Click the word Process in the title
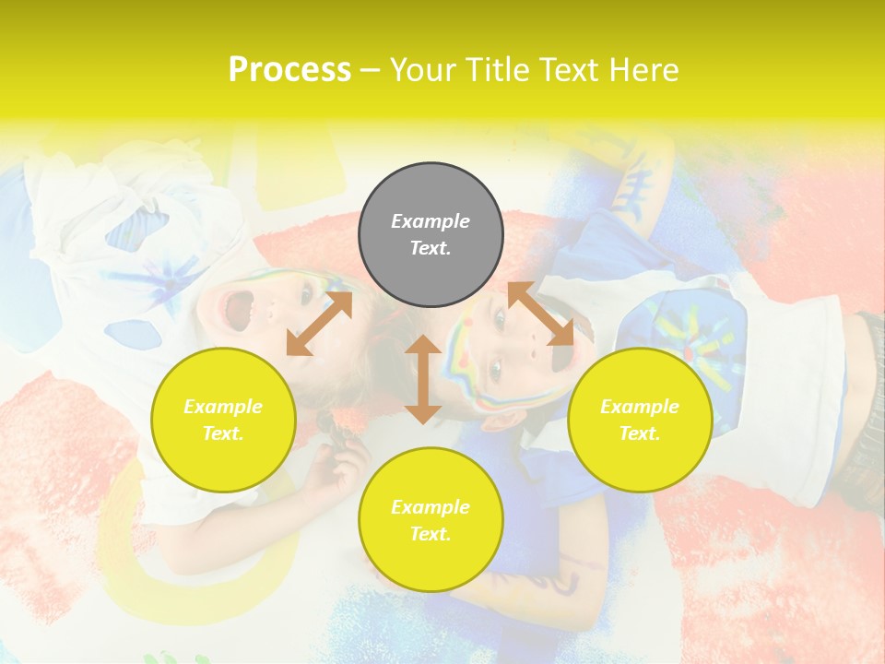click(289, 70)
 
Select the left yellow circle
click(223, 420)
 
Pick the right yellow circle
click(640, 420)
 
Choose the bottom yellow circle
click(431, 520)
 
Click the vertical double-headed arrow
click(423, 379)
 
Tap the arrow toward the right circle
click(541, 314)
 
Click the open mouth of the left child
click(239, 310)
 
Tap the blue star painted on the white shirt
click(171, 277)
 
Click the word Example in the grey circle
click(431, 221)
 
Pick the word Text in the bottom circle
click(431, 534)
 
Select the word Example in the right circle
click(640, 407)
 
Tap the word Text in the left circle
click(223, 433)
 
